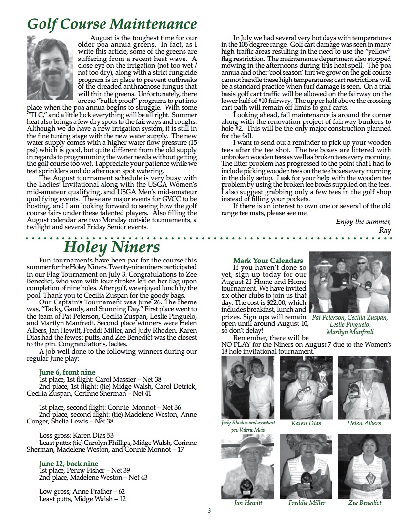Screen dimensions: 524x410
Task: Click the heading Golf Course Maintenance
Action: click(112, 23)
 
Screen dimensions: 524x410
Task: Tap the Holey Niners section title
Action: click(111, 247)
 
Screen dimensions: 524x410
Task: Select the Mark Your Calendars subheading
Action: click(268, 261)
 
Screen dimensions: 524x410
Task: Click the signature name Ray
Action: click(385, 230)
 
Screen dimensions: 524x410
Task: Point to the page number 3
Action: click(209, 511)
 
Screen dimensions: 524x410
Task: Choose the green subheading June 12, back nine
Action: click(69, 463)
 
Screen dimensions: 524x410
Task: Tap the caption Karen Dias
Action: click(306, 423)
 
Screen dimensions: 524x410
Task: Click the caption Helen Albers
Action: click(364, 423)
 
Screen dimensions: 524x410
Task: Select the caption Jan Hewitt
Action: click(248, 503)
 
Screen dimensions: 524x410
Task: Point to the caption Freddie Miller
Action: click(307, 503)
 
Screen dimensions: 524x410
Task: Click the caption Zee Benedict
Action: click(365, 503)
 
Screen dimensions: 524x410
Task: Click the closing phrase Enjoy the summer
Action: click(364, 222)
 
